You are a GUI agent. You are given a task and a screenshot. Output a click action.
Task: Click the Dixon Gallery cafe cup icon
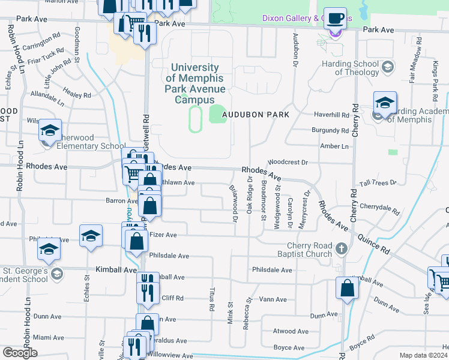point(336,18)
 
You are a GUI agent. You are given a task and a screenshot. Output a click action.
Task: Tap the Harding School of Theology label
point(348,68)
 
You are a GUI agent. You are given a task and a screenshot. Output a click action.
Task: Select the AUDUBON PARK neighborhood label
point(256,114)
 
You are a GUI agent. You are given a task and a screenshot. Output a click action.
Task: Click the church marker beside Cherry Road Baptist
point(341,248)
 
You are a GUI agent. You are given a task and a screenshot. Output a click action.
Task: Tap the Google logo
point(20,353)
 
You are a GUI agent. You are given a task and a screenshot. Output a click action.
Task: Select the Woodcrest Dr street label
point(288,162)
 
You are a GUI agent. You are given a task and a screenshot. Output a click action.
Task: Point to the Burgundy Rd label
point(330,130)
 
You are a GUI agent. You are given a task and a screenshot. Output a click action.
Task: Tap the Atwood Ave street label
point(291,331)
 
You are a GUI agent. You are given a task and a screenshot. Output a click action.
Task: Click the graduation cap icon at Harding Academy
point(385,102)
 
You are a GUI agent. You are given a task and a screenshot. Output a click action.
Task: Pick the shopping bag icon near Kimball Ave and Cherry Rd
point(348,289)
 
